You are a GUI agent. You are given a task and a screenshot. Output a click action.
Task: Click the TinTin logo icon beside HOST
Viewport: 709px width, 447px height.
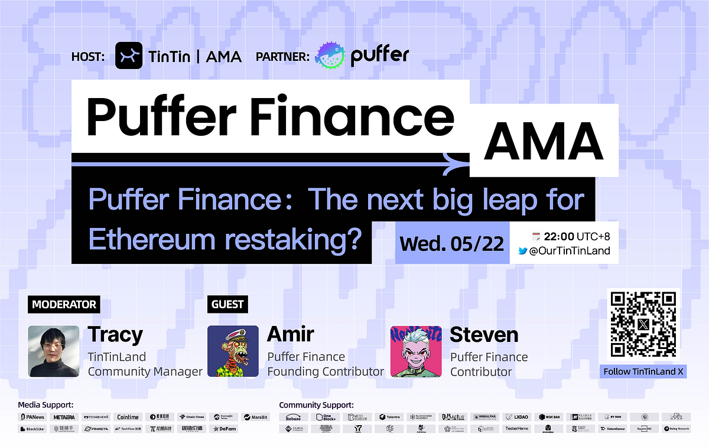click(129, 56)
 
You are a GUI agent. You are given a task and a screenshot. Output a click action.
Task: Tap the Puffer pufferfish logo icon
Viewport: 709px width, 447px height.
click(330, 56)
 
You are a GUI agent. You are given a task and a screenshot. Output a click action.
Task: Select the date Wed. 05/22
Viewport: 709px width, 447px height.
click(452, 243)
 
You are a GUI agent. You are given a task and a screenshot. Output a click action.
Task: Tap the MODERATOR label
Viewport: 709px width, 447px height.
click(64, 305)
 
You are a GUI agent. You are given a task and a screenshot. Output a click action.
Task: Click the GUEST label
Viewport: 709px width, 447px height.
click(227, 305)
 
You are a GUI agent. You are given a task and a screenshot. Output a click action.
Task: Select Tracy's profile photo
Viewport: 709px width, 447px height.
click(54, 351)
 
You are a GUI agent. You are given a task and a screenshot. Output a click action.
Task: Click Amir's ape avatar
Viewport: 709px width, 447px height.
click(233, 351)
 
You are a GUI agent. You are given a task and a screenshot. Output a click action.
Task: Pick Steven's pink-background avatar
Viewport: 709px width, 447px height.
click(416, 351)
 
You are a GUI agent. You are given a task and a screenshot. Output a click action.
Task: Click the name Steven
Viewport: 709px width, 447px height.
click(484, 335)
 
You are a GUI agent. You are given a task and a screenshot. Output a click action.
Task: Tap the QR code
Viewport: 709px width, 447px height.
click(643, 324)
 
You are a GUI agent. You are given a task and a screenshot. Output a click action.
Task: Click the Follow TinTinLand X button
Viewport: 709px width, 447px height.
click(643, 372)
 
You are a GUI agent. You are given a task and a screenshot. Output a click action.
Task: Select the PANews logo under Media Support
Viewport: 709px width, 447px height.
click(32, 417)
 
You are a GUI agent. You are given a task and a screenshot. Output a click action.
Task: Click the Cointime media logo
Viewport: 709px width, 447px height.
click(128, 417)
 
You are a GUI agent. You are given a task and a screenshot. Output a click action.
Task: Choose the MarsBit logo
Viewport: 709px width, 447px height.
click(255, 417)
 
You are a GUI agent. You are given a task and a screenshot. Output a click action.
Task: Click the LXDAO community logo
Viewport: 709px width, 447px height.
click(517, 417)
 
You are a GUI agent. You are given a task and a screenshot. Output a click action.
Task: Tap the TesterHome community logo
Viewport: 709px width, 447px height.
click(517, 429)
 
